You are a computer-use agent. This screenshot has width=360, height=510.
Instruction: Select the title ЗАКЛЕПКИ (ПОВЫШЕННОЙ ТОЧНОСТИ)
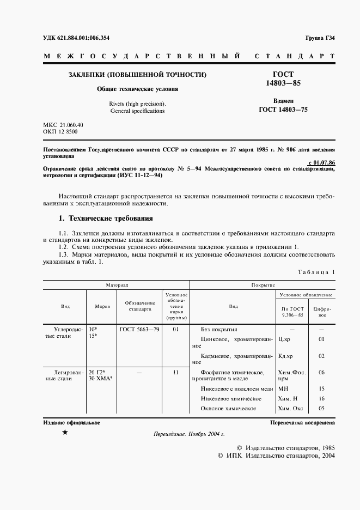pyautogui.click(x=137, y=74)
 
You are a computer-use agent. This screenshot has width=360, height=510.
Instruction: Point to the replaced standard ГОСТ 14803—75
pyautogui.click(x=283, y=110)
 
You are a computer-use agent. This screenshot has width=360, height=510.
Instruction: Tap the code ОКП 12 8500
pyautogui.click(x=60, y=132)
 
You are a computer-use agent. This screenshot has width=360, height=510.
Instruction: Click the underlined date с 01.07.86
pyautogui.click(x=321, y=162)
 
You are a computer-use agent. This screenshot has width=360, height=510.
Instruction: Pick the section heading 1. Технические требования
pyautogui.click(x=106, y=219)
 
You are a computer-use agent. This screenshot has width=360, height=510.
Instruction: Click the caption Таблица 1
pyautogui.click(x=316, y=272)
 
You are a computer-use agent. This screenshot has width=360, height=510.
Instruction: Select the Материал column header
pyautogui.click(x=117, y=285)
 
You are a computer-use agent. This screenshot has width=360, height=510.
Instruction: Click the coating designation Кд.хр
pyautogui.click(x=285, y=356)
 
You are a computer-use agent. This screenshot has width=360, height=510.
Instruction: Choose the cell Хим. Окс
pyautogui.click(x=290, y=408)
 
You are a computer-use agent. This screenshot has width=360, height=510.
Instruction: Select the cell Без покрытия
pyautogui.click(x=219, y=330)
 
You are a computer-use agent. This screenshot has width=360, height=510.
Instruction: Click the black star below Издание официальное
pyautogui.click(x=65, y=432)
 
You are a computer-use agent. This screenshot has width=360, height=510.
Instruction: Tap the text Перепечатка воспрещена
pyautogui.click(x=302, y=423)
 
